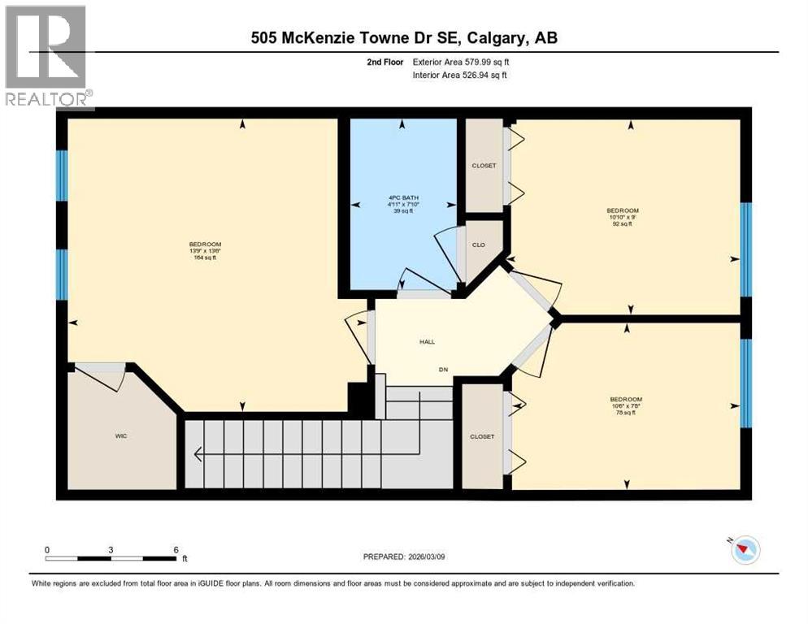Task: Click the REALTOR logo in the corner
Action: click(x=47, y=56)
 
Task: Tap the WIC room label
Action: click(x=121, y=436)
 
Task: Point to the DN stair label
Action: click(x=444, y=370)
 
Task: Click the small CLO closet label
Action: click(x=479, y=244)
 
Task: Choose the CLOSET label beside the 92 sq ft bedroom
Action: click(x=484, y=166)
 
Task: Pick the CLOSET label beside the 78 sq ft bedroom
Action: click(x=482, y=436)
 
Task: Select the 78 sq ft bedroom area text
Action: click(x=626, y=413)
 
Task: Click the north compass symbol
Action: click(x=744, y=550)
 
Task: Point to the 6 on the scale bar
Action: click(x=176, y=549)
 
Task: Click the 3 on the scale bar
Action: click(x=111, y=549)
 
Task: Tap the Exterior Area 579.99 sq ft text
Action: click(x=461, y=62)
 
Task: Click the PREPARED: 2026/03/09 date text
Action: click(x=411, y=557)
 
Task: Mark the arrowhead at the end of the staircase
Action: click(x=197, y=454)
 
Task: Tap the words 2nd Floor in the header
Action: click(x=387, y=62)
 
